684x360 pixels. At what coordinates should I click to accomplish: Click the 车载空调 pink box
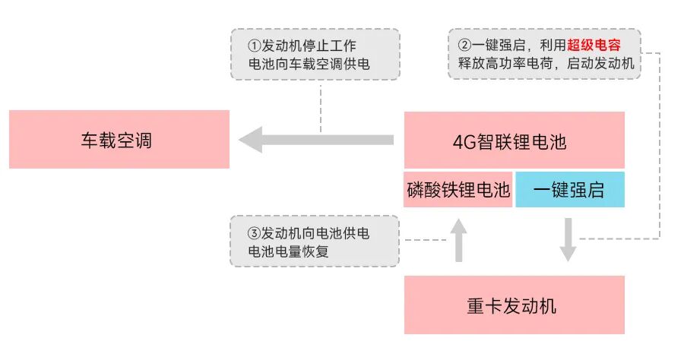119,140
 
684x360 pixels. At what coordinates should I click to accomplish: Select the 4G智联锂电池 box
514,141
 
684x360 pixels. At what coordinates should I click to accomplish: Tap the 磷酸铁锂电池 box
458,190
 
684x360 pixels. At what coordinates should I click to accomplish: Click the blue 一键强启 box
569,190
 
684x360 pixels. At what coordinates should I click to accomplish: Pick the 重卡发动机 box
514,305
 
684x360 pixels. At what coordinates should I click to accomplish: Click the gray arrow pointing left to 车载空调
315,140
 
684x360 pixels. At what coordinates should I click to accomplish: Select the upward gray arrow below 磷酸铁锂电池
458,238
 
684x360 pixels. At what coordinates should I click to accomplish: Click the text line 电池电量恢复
283,251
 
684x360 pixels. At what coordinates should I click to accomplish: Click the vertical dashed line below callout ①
321,106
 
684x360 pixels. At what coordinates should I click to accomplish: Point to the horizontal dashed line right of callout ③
422,239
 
